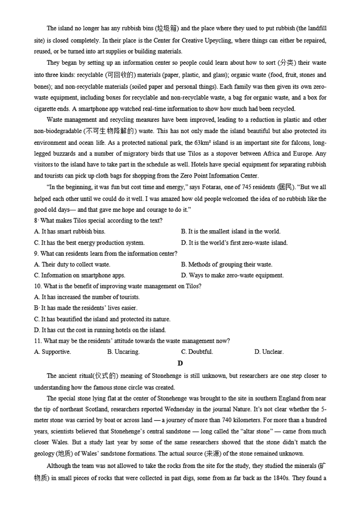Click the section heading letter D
pyautogui.click(x=180, y=363)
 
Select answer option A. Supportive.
pyautogui.click(x=52, y=352)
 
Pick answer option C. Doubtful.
pyautogui.click(x=197, y=352)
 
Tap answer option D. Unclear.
pyautogui.click(x=269, y=352)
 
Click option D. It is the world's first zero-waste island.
pyautogui.click(x=234, y=243)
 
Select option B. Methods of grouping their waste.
pyautogui.click(x=226, y=264)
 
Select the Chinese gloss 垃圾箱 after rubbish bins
pyautogui.click(x=167, y=29)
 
